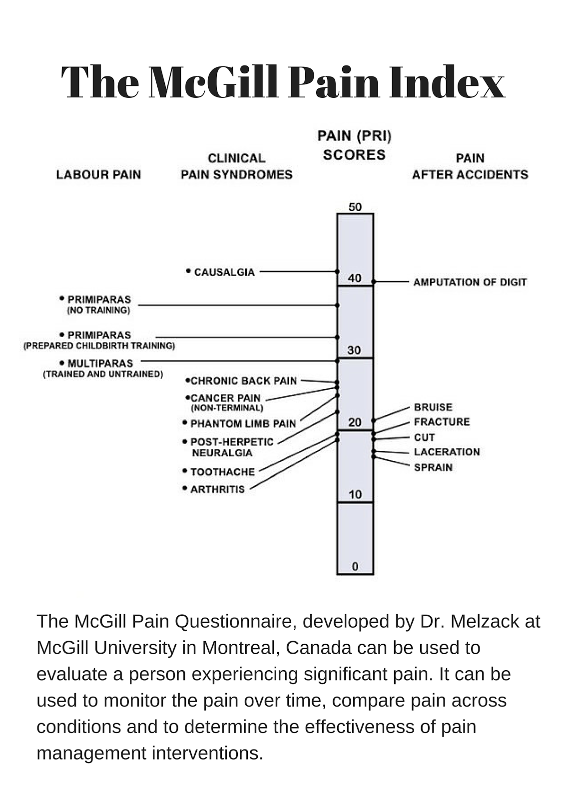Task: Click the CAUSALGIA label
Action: [224, 272]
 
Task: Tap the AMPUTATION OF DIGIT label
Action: [470, 282]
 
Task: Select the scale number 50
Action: [355, 207]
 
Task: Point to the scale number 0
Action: [355, 566]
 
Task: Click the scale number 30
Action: [354, 350]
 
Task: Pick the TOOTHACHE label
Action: [222, 472]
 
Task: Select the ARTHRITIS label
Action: [217, 489]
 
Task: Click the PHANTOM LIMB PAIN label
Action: [243, 423]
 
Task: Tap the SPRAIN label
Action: [433, 467]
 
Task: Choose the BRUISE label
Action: [433, 407]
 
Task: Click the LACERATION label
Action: [447, 452]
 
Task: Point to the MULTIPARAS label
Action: [100, 364]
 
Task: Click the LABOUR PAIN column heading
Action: [98, 174]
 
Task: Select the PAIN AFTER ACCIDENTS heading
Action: [470, 166]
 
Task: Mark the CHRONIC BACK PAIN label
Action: [244, 381]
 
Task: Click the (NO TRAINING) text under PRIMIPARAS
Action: [98, 310]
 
